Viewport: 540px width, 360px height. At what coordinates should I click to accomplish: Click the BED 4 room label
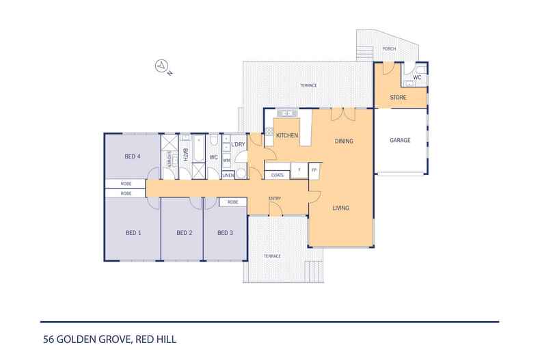point(132,156)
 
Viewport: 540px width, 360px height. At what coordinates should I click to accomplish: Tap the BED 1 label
point(133,233)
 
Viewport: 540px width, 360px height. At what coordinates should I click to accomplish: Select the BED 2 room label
point(185,233)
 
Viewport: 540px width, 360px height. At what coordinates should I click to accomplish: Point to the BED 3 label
point(226,233)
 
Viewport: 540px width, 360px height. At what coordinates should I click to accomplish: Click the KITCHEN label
point(287,135)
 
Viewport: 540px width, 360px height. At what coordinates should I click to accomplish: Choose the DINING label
point(344,141)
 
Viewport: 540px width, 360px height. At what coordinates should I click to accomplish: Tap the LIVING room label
point(340,208)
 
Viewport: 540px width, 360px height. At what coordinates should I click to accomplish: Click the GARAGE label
point(400,140)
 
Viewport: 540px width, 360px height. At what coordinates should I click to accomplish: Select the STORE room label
point(398,98)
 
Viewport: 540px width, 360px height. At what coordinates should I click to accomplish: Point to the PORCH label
point(389,49)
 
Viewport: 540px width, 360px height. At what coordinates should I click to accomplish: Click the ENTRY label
point(275,199)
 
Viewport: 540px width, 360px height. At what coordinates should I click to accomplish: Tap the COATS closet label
point(278,175)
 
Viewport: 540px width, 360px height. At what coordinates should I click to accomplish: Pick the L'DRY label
point(238,144)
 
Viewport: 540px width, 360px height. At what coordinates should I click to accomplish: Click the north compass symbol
point(161,66)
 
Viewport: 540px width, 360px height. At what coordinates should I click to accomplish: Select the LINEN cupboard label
point(228,175)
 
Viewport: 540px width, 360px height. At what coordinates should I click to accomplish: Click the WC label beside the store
point(417,77)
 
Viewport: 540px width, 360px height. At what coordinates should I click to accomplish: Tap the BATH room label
point(185,154)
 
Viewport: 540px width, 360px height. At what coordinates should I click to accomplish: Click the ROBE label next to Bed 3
point(233,202)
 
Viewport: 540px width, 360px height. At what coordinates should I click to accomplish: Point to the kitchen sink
point(288,113)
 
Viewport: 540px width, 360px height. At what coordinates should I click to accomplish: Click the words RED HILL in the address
point(156,340)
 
